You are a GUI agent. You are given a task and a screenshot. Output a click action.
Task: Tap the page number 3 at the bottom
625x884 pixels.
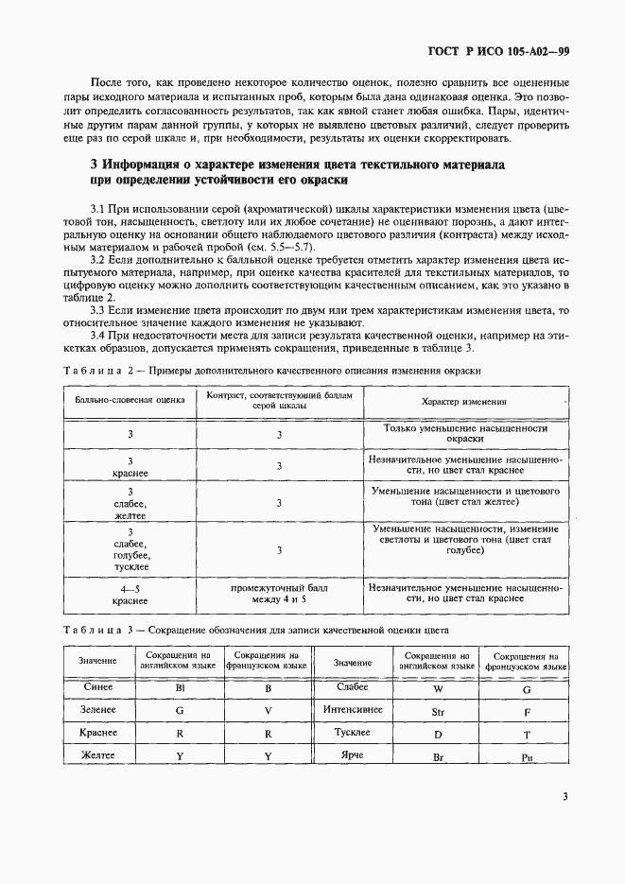pyautogui.click(x=564, y=796)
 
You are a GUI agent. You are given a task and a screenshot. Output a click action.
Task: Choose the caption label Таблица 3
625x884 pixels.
pyautogui.click(x=96, y=629)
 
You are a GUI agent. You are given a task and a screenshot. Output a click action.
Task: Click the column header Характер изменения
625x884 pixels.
pyautogui.click(x=463, y=401)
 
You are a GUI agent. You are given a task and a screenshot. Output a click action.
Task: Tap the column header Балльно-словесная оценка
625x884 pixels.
pyautogui.click(x=130, y=401)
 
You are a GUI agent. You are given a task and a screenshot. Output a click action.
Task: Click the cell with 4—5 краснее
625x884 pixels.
pyautogui.click(x=130, y=593)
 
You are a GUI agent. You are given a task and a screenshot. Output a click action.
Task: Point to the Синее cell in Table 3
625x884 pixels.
pyautogui.click(x=98, y=687)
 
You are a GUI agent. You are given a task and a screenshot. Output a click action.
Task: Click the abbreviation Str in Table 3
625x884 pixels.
pyautogui.click(x=437, y=710)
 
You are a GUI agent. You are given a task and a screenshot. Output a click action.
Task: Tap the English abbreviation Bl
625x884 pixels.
pyautogui.click(x=179, y=688)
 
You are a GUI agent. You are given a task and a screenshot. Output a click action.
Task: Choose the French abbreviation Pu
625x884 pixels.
pyautogui.click(x=526, y=757)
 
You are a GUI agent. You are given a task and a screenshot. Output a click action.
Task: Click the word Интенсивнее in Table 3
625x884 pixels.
pyautogui.click(x=353, y=709)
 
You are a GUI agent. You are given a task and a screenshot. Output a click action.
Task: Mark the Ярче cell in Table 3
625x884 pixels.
pyautogui.click(x=353, y=755)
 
